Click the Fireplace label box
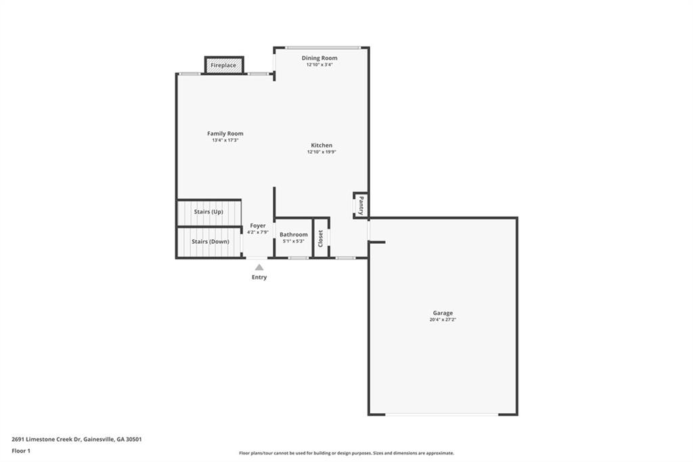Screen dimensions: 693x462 pyautogui.click(x=224, y=65)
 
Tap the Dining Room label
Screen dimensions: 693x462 pyautogui.click(x=319, y=58)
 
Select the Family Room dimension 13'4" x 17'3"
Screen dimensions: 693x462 pyautogui.click(x=225, y=140)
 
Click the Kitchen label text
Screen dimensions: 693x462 pyautogui.click(x=321, y=145)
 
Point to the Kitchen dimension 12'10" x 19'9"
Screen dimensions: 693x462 pyautogui.click(x=321, y=152)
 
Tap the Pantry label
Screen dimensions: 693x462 pyautogui.click(x=361, y=205)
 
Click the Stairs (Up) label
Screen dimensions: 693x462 pyautogui.click(x=208, y=212)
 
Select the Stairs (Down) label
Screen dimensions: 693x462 pyautogui.click(x=210, y=242)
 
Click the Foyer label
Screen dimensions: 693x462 pyautogui.click(x=258, y=226)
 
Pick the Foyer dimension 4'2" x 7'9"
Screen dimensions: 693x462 pyautogui.click(x=258, y=232)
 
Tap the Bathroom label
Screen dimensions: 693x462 pyautogui.click(x=294, y=234)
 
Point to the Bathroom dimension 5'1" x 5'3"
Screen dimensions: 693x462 pyautogui.click(x=294, y=241)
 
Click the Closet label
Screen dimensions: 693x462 pyautogui.click(x=321, y=238)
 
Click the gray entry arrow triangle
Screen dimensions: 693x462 pyautogui.click(x=259, y=268)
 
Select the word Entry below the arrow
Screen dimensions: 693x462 pyautogui.click(x=259, y=278)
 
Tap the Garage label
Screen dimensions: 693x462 pyautogui.click(x=443, y=313)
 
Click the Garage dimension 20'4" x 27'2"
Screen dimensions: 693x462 pyautogui.click(x=443, y=320)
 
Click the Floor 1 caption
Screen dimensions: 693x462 pyautogui.click(x=21, y=451)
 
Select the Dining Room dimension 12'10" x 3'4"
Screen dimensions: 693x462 pyautogui.click(x=319, y=64)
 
